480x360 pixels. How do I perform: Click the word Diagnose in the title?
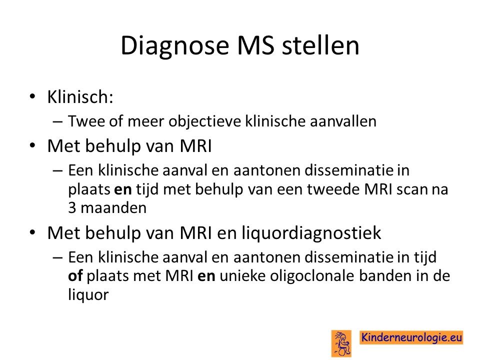coord(175,46)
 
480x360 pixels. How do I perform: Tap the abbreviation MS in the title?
coord(255,45)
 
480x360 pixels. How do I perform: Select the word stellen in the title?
coord(320,45)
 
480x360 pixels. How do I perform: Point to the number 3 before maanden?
coord(72,208)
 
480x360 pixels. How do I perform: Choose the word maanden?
coord(113,208)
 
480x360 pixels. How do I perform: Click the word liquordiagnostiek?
coord(311,233)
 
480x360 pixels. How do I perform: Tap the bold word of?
coord(75,276)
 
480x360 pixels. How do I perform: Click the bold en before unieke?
coord(206,276)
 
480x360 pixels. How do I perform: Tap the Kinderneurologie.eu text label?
coord(411,337)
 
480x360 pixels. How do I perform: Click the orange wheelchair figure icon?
coord(341,343)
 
